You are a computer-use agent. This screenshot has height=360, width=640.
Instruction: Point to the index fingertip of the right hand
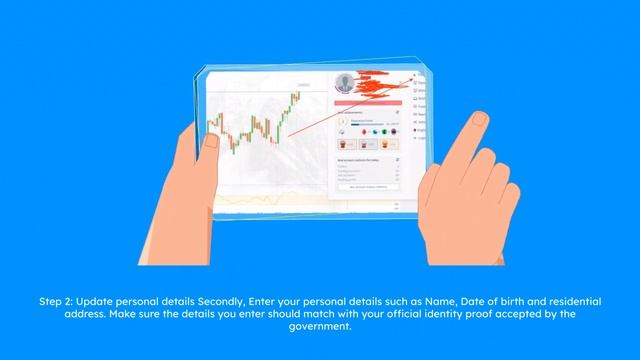[x=479, y=121]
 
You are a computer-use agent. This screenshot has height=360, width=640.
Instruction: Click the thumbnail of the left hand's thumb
[x=212, y=141]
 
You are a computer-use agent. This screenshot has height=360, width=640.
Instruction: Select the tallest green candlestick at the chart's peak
[x=295, y=98]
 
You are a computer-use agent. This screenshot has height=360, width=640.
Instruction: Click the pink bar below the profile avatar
[x=368, y=101]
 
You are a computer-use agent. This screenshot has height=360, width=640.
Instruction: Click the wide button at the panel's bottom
[x=368, y=186]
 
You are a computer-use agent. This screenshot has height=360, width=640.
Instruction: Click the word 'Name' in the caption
[x=429, y=300]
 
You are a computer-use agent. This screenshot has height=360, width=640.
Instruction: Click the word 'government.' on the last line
[x=319, y=324]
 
